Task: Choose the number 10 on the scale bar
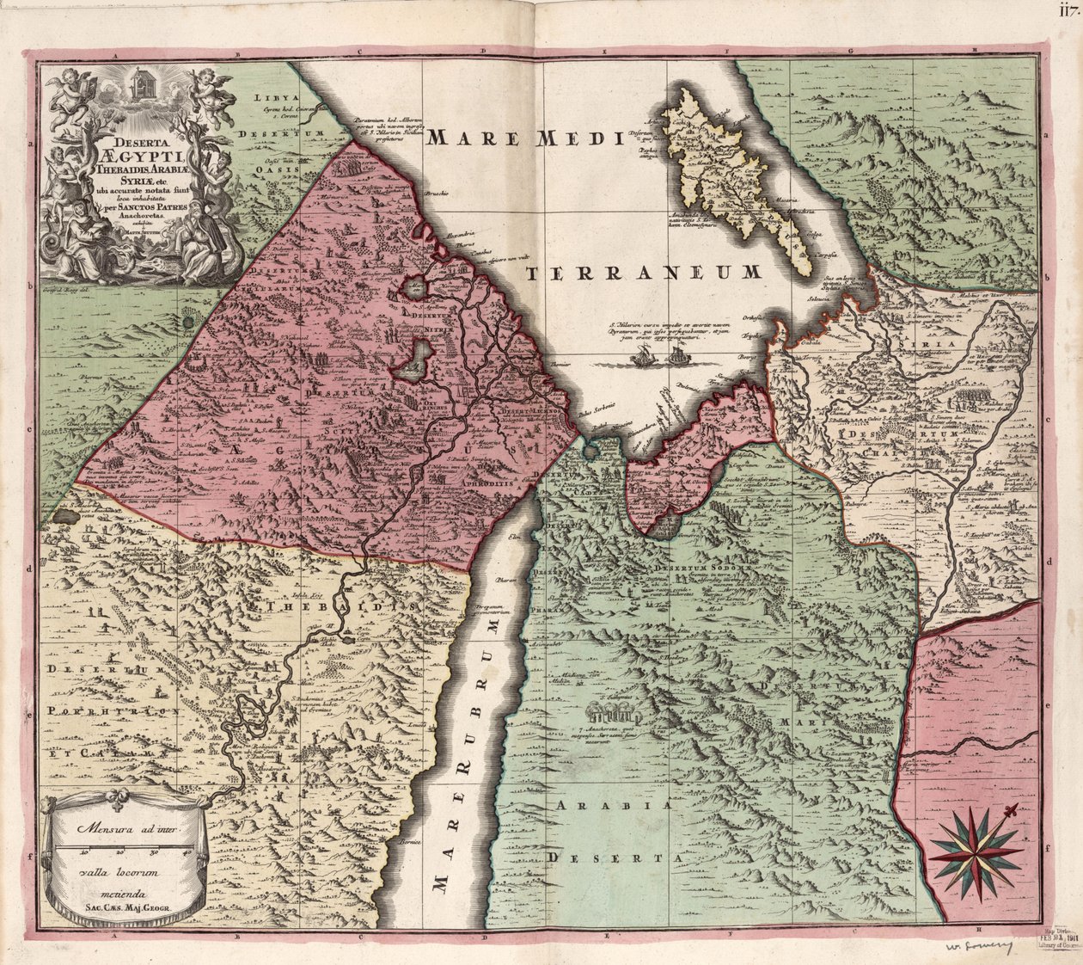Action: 84,853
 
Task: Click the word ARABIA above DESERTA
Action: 613,805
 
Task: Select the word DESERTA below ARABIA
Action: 617,857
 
